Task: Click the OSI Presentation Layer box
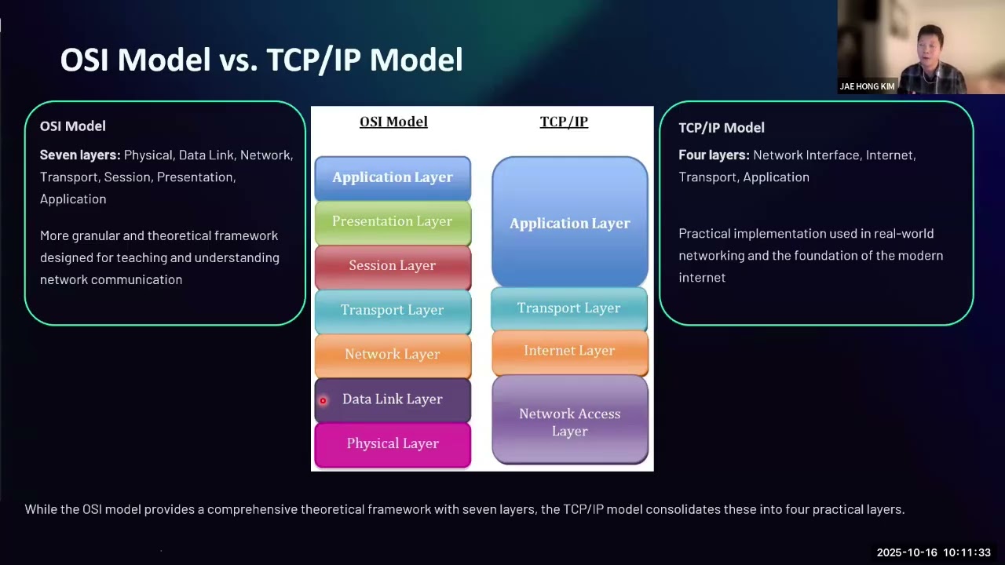click(393, 222)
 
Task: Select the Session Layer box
click(393, 266)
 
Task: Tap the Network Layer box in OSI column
click(393, 355)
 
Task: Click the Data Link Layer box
click(393, 399)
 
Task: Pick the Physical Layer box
click(393, 444)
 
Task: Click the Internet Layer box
click(569, 352)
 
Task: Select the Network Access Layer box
click(569, 421)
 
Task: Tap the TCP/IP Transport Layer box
click(569, 308)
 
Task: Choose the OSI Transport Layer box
click(393, 310)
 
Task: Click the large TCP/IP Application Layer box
click(569, 223)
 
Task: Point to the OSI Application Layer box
click(393, 177)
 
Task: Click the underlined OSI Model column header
click(393, 122)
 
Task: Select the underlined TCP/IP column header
click(564, 122)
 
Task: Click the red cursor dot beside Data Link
click(323, 400)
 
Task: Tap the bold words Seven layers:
click(80, 155)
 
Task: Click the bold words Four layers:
click(714, 155)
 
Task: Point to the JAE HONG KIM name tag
click(867, 86)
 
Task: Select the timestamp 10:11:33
click(967, 552)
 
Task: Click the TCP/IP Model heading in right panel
click(721, 127)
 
